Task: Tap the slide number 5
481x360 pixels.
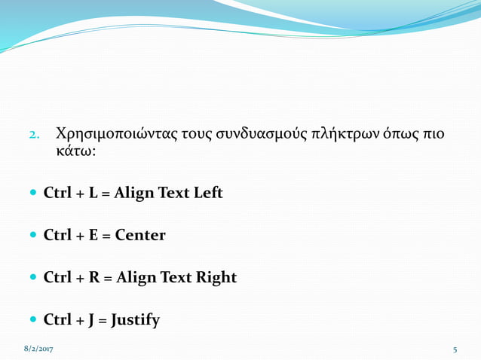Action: pyautogui.click(x=455, y=350)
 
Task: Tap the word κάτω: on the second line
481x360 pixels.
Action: pyautogui.click(x=76, y=151)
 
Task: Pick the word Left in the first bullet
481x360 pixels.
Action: pyautogui.click(x=208, y=193)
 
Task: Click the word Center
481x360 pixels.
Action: pyautogui.click(x=139, y=235)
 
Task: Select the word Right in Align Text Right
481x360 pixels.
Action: pyautogui.click(x=217, y=278)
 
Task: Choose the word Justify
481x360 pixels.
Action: pyautogui.click(x=135, y=321)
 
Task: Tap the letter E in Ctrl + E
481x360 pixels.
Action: pyautogui.click(x=93, y=235)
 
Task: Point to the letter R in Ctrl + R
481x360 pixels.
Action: pyautogui.click(x=94, y=278)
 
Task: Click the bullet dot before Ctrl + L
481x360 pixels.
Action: pyautogui.click(x=33, y=194)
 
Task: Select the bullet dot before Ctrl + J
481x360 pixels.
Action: pyautogui.click(x=33, y=321)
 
